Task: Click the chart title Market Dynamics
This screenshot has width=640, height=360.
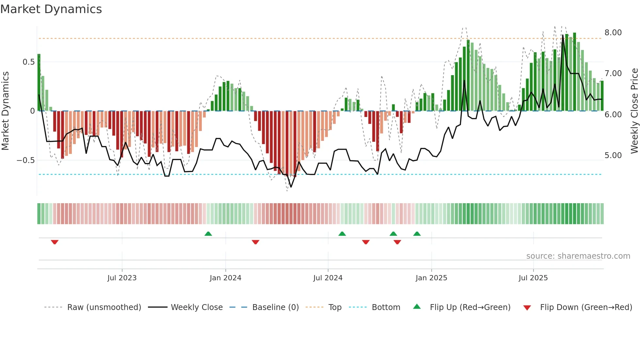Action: pyautogui.click(x=51, y=9)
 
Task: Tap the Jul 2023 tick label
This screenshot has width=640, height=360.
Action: pyautogui.click(x=122, y=278)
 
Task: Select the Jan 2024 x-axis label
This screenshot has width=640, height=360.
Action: pyautogui.click(x=225, y=278)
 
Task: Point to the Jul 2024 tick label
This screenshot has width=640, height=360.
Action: pyautogui.click(x=328, y=278)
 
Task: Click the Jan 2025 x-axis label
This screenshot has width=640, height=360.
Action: pyautogui.click(x=431, y=278)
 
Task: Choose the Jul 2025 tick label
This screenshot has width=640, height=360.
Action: pyautogui.click(x=533, y=278)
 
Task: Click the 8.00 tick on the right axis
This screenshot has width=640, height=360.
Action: pyautogui.click(x=613, y=33)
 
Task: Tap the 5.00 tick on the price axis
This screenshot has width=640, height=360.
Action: pyautogui.click(x=613, y=155)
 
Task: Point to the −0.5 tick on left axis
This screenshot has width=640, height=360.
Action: pyautogui.click(x=26, y=160)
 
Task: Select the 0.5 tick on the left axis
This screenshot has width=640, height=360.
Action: pyautogui.click(x=28, y=62)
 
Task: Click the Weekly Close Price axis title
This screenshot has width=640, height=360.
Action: pyautogui.click(x=634, y=111)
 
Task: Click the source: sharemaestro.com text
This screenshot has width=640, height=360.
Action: pyautogui.click(x=578, y=256)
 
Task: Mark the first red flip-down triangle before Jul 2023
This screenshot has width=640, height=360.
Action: pyautogui.click(x=55, y=242)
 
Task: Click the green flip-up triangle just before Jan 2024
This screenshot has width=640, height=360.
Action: pyautogui.click(x=208, y=234)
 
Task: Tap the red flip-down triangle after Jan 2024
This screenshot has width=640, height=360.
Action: pyautogui.click(x=255, y=242)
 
